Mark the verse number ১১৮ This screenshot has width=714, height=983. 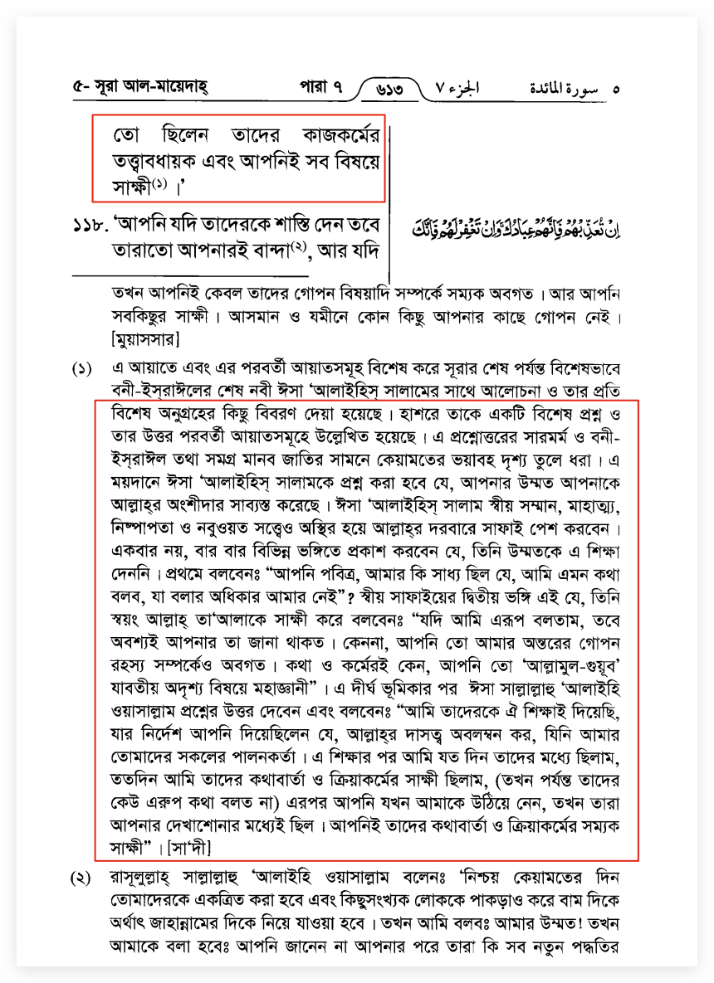click(x=90, y=226)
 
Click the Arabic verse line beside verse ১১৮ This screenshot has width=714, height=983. click(x=516, y=226)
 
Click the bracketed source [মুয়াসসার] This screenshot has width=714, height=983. click(x=147, y=338)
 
